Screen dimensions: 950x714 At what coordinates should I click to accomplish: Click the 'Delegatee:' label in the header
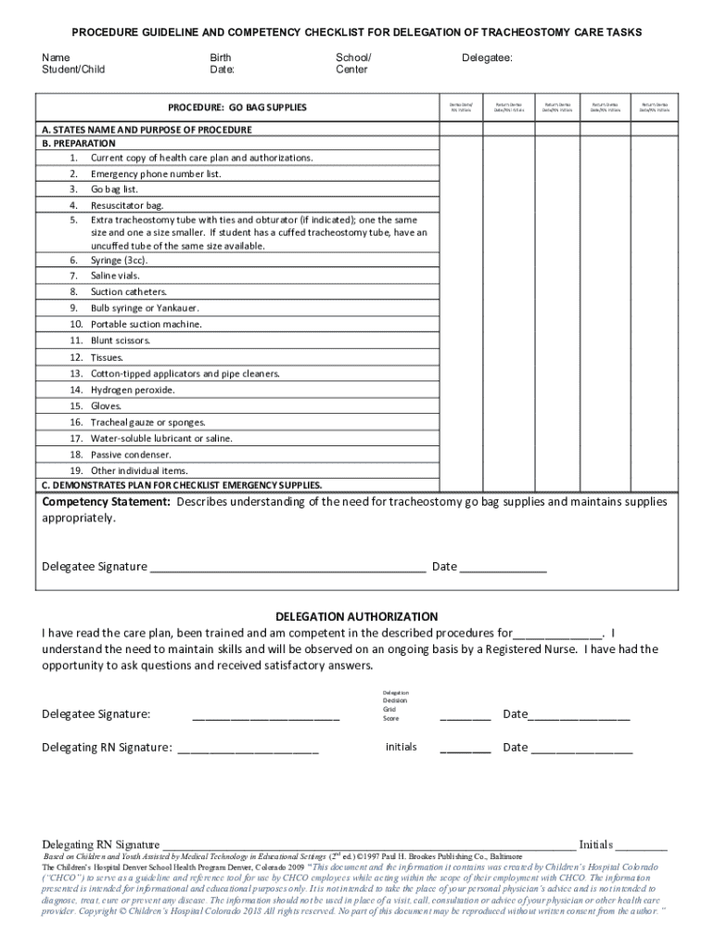[x=487, y=58]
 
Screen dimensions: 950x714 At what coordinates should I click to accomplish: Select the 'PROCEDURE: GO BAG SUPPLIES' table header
[x=236, y=108]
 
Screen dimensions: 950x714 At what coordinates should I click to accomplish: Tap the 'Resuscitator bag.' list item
[x=127, y=205]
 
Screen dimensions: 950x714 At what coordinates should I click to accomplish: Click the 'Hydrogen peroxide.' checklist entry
[x=133, y=390]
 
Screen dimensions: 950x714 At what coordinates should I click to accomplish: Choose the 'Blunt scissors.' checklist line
[x=121, y=340]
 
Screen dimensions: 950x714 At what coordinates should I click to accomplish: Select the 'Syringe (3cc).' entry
[x=119, y=261]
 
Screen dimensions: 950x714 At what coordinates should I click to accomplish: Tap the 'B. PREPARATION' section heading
[x=79, y=144]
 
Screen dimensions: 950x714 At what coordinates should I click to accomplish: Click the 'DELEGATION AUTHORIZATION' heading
[x=357, y=617]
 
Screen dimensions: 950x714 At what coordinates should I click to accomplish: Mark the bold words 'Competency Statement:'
[x=107, y=502]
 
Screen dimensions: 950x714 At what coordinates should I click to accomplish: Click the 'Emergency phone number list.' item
[x=156, y=173]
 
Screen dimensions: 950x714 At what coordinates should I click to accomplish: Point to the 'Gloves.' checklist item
[x=107, y=406]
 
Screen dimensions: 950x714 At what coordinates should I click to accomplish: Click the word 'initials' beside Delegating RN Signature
[x=401, y=747]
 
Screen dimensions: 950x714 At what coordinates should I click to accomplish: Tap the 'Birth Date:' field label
[x=222, y=63]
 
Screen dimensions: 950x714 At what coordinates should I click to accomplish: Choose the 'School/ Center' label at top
[x=352, y=63]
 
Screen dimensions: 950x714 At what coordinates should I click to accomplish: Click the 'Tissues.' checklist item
[x=107, y=357]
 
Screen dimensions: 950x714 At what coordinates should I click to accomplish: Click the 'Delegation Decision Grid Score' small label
[x=395, y=705]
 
